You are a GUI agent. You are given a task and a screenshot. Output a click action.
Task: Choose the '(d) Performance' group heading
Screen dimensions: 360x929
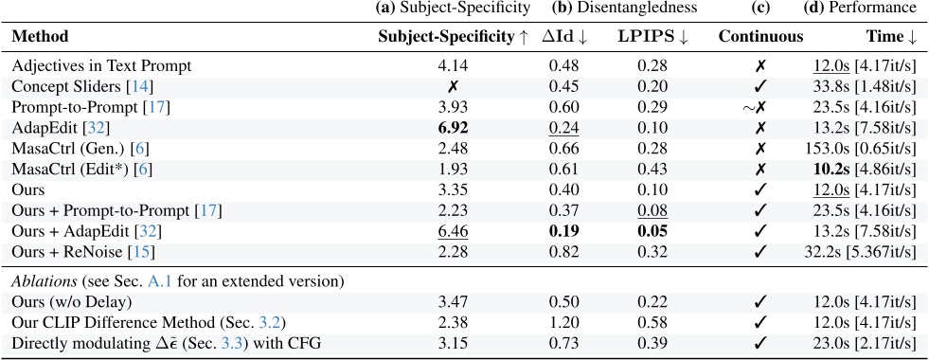point(868,9)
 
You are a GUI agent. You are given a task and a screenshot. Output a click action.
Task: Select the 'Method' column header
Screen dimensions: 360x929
point(41,37)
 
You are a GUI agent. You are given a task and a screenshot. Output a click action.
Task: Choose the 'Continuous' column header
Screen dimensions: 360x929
point(760,37)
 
